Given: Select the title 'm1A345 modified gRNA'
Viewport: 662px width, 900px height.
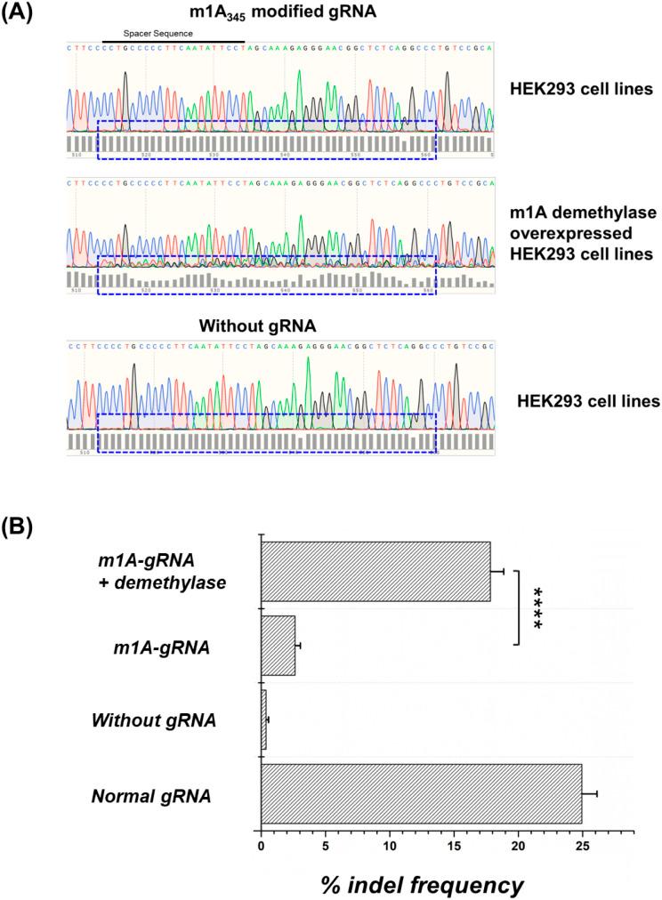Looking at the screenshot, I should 277,12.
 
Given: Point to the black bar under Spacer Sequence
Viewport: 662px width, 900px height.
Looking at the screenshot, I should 173,40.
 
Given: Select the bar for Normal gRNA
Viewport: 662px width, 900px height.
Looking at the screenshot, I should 421,792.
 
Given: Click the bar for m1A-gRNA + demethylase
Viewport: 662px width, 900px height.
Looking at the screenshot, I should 375,572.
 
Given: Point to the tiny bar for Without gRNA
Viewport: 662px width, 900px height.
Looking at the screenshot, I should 263,719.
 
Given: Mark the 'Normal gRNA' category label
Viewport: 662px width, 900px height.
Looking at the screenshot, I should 151,793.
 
